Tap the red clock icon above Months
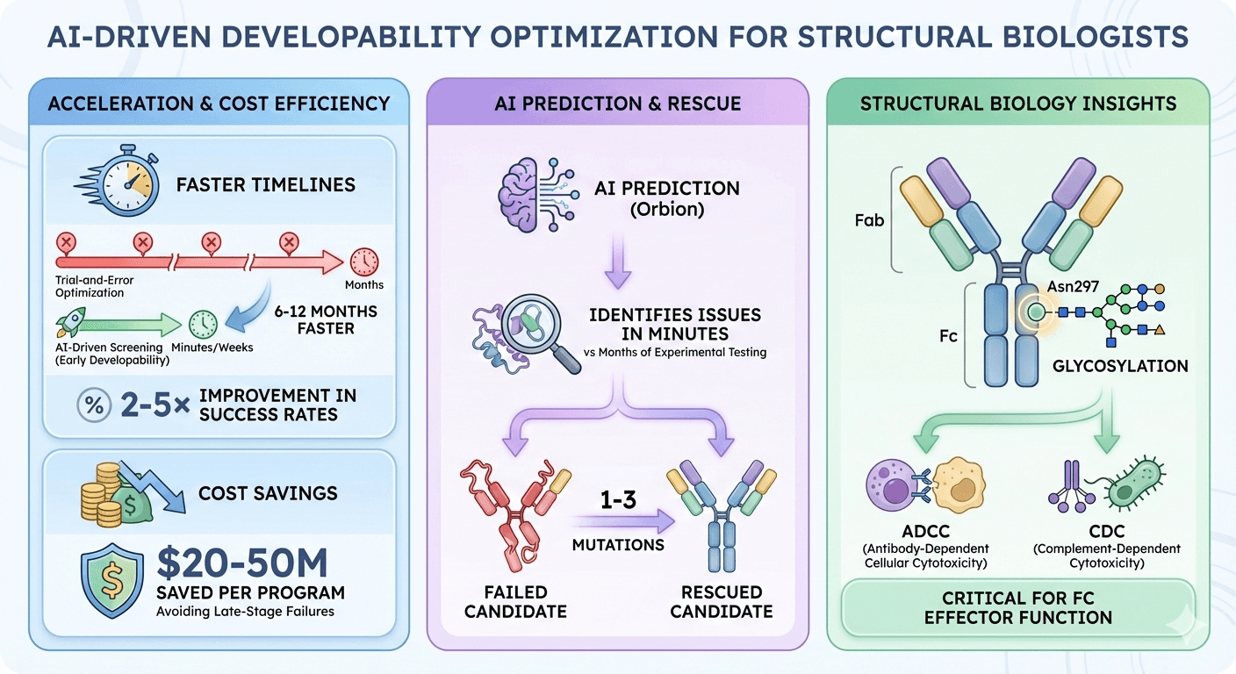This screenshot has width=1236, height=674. coord(363,262)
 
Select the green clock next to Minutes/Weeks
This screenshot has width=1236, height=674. coord(204,325)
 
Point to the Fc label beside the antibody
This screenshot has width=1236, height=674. coord(947,335)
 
